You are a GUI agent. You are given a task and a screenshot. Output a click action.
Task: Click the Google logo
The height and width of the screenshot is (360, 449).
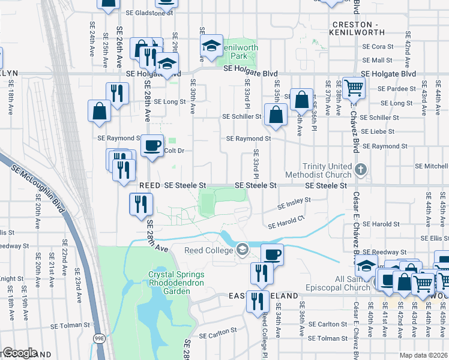19,353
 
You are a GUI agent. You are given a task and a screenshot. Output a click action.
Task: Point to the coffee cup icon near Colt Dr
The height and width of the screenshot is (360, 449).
152,145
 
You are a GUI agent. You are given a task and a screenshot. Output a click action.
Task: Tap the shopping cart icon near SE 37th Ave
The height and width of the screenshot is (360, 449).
354,87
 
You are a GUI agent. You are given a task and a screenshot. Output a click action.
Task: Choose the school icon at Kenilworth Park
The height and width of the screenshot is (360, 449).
211,46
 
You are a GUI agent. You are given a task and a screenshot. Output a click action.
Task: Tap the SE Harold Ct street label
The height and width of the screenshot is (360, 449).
286,223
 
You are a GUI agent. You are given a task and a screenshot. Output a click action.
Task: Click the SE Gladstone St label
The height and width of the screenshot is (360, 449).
149,12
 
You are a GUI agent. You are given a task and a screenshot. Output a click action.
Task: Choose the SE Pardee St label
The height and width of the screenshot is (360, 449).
394,88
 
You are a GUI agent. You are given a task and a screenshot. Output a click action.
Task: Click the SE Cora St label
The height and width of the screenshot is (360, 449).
378,46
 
